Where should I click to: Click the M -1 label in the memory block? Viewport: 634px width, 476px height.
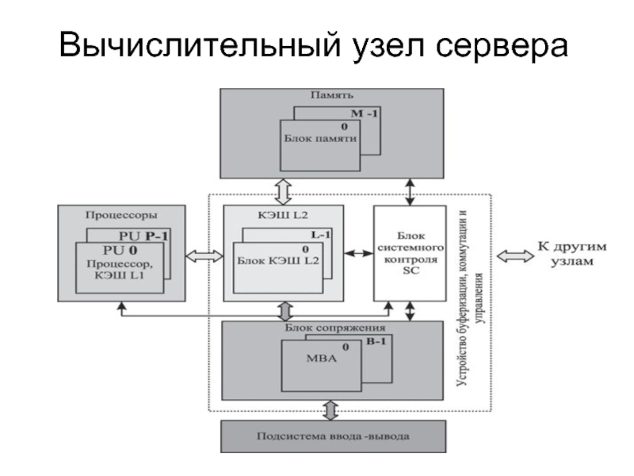[365, 113]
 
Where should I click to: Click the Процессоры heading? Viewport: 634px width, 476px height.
[120, 214]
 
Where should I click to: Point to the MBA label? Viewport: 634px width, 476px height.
[321, 359]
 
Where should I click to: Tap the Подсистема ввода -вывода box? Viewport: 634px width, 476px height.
[333, 436]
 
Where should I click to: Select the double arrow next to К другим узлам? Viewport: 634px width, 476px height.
[513, 255]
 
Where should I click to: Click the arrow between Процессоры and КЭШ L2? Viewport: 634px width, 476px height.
[204, 255]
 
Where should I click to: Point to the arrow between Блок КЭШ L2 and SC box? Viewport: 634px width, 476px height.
[358, 254]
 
